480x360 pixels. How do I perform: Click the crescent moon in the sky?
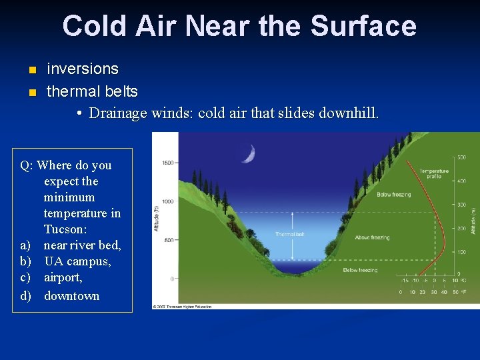(x=248, y=154)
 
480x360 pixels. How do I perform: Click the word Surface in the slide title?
(x=363, y=26)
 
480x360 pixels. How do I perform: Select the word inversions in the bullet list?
(x=82, y=69)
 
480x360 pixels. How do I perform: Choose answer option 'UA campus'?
(x=77, y=261)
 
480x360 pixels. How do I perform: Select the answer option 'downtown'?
(x=71, y=295)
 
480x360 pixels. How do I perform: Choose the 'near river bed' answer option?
(x=83, y=245)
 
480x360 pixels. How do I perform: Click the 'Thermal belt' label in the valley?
(x=290, y=234)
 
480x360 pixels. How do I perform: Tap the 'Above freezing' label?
(x=372, y=237)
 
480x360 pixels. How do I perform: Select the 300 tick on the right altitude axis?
(x=461, y=205)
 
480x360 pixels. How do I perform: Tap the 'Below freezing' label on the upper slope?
(x=393, y=195)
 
